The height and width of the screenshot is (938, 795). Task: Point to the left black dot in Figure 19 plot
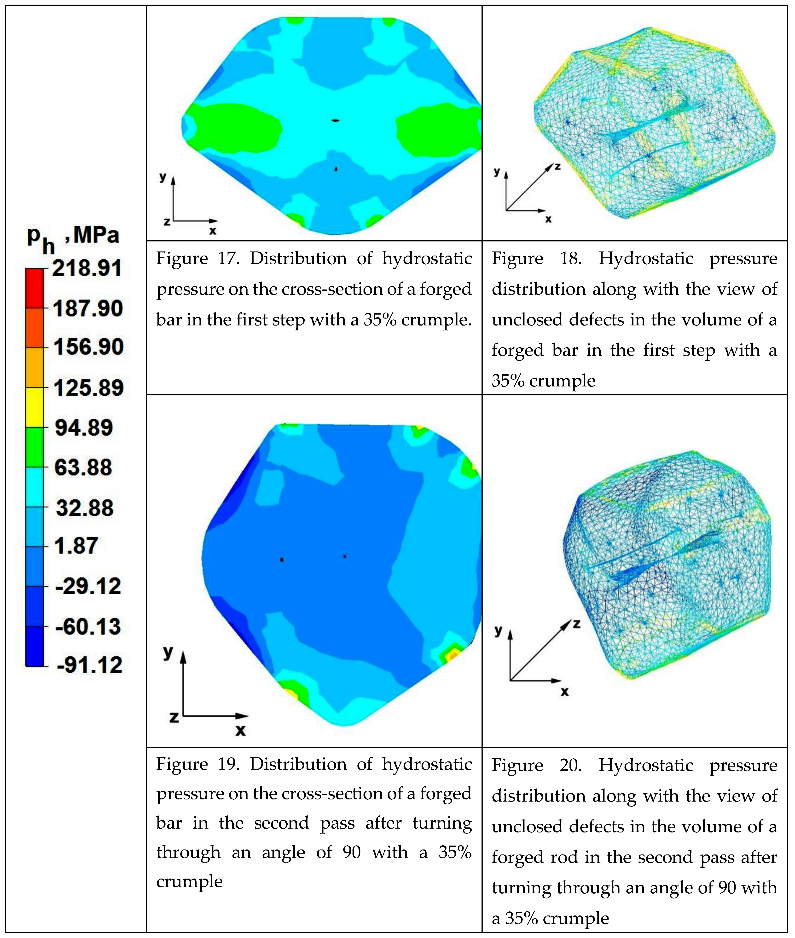point(282,560)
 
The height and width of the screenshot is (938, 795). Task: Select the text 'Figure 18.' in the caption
point(536,258)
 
